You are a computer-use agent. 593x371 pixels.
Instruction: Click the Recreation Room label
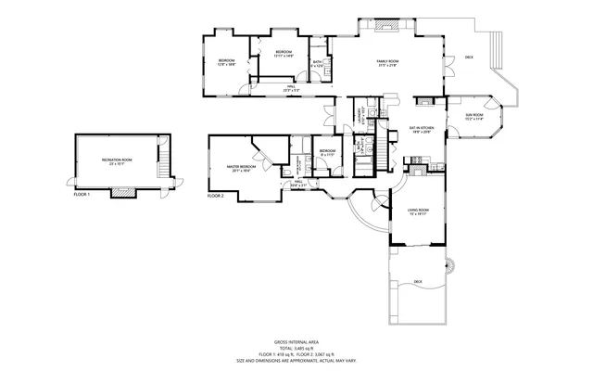[x=117, y=162]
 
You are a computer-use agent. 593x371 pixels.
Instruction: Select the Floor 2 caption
[x=216, y=196]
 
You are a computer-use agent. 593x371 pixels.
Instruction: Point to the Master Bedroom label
[x=242, y=168]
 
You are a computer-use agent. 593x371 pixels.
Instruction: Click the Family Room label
[x=386, y=63]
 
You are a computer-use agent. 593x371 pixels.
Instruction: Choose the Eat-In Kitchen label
[x=422, y=130]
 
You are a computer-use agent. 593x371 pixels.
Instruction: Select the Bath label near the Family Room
[x=318, y=64]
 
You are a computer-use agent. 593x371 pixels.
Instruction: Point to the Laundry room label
[x=363, y=116]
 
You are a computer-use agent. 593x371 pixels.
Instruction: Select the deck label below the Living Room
[x=418, y=282]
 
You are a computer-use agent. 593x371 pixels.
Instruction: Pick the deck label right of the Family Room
[x=469, y=58]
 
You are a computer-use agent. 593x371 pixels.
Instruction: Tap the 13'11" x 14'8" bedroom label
[x=284, y=53]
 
